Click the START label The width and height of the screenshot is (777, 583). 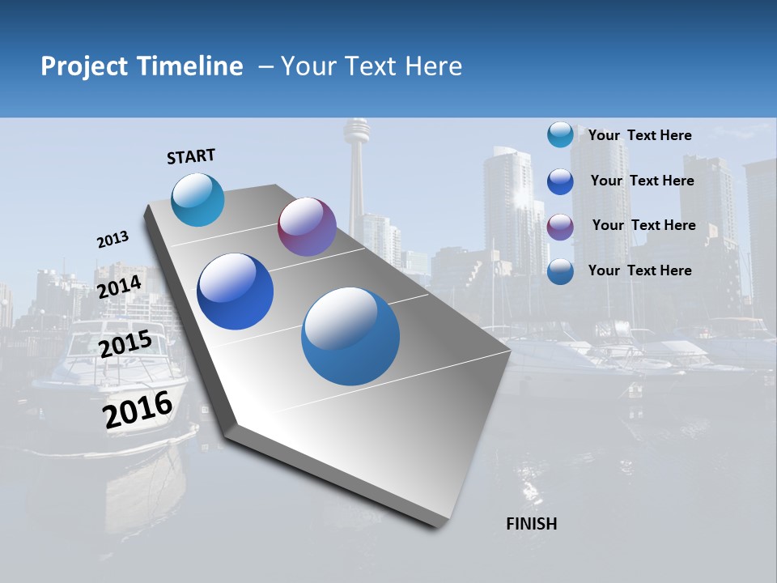191,156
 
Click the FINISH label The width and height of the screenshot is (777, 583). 531,524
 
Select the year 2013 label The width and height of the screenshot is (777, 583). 113,240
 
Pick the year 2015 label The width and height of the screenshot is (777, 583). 125,343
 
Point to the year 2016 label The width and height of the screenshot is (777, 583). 138,409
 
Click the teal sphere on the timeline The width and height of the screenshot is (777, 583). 198,199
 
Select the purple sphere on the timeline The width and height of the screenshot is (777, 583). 307,227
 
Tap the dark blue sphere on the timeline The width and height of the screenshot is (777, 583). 236,291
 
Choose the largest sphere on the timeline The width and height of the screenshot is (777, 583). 350,336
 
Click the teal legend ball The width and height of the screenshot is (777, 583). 560,134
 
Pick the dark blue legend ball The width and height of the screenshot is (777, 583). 560,181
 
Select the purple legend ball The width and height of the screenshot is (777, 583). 560,227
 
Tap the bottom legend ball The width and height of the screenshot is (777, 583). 560,271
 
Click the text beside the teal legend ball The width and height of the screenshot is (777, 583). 639,135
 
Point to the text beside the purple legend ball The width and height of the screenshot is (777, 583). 643,225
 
